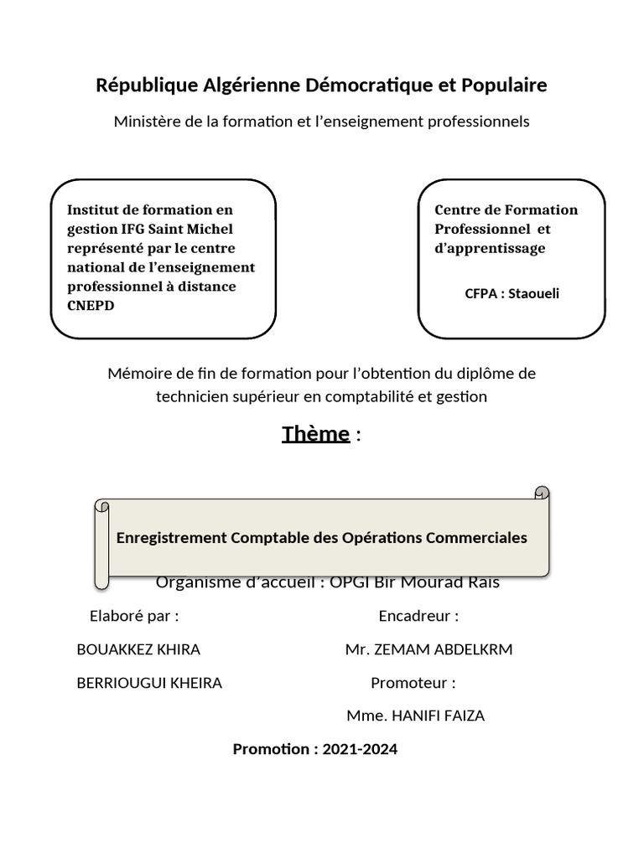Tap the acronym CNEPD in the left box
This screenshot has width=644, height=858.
point(91,305)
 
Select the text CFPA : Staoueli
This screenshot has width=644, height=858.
point(512,293)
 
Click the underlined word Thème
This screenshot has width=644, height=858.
point(315,434)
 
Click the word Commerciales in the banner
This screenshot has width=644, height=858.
point(476,538)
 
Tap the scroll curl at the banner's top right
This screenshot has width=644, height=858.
point(542,493)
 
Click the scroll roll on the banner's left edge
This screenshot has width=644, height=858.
point(101,545)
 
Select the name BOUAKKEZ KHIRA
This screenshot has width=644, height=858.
point(138,650)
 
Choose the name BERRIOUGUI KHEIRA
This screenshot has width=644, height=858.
point(149,683)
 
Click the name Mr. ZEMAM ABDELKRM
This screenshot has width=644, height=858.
point(428,650)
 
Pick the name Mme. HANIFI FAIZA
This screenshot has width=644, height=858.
point(415,716)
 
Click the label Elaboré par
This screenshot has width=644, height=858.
point(134,617)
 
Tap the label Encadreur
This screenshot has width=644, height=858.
point(418,617)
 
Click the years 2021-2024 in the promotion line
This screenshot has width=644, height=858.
point(360,749)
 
